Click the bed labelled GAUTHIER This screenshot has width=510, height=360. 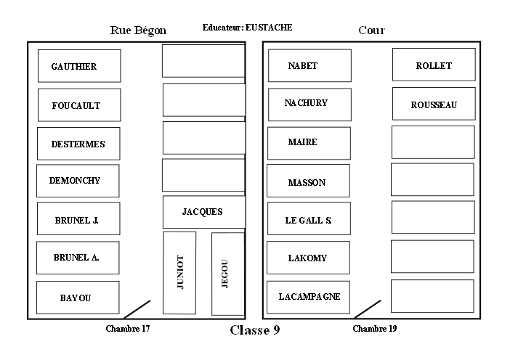[79, 66]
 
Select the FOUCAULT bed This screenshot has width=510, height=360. [78, 105]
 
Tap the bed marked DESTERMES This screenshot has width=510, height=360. [78, 144]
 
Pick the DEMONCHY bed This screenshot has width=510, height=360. [78, 181]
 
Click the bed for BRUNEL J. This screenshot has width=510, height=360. [78, 219]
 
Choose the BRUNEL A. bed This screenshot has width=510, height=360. [78, 258]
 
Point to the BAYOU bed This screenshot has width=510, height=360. [78, 298]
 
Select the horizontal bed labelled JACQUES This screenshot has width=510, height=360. [203, 212]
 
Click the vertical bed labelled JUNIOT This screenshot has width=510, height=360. [180, 273]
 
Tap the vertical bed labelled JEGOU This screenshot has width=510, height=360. [227, 274]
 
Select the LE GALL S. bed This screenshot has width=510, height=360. [309, 219]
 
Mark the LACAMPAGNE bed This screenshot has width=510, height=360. [309, 296]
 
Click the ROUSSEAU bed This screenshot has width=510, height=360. [434, 105]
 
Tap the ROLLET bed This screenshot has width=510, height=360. [434, 65]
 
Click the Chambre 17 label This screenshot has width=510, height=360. [128, 329]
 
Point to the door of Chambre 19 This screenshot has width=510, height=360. [368, 309]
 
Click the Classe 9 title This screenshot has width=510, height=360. [254, 331]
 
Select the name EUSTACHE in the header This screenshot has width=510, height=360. [269, 28]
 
